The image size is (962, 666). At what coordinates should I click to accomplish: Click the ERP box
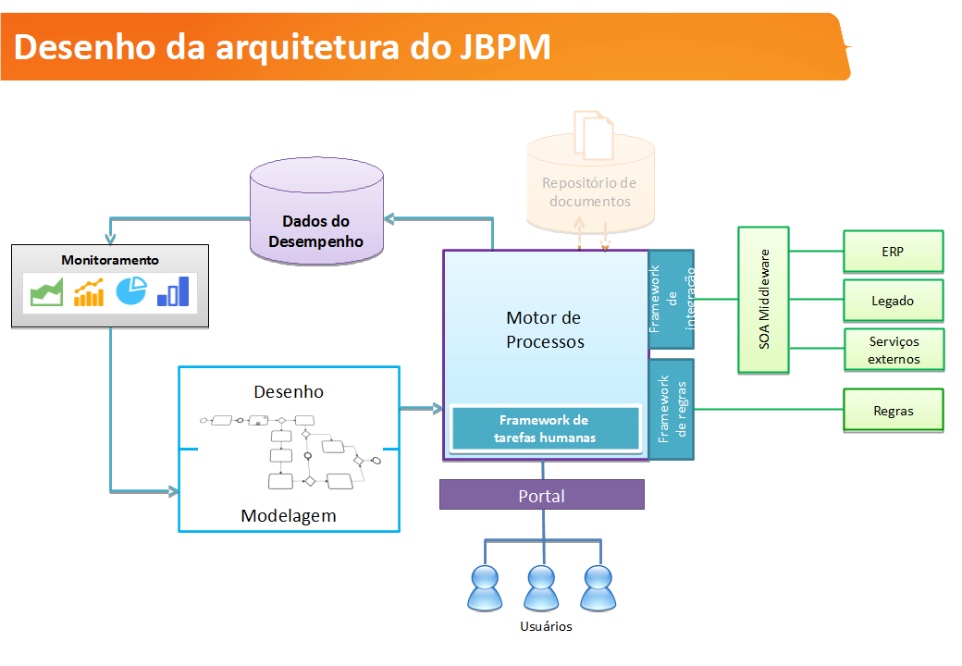[893, 251]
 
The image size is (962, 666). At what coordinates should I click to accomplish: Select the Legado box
[893, 301]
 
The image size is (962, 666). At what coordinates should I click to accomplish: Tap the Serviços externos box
[894, 350]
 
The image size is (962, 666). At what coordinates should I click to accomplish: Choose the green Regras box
[893, 411]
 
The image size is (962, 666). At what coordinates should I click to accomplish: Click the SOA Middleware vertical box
[764, 300]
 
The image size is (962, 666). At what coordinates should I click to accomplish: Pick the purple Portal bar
[541, 496]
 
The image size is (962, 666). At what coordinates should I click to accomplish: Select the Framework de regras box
[672, 408]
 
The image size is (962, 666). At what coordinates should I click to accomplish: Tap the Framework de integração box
[672, 300]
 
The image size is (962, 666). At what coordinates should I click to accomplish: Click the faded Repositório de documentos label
[589, 192]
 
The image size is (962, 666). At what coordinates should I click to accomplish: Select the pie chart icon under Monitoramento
[131, 290]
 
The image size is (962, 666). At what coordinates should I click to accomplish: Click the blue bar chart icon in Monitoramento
[173, 291]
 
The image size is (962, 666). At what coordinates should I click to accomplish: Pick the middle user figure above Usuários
[542, 587]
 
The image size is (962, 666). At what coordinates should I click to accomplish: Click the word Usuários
[546, 626]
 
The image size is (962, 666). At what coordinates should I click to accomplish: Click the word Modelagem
[289, 515]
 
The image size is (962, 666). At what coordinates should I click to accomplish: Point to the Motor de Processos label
[545, 329]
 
